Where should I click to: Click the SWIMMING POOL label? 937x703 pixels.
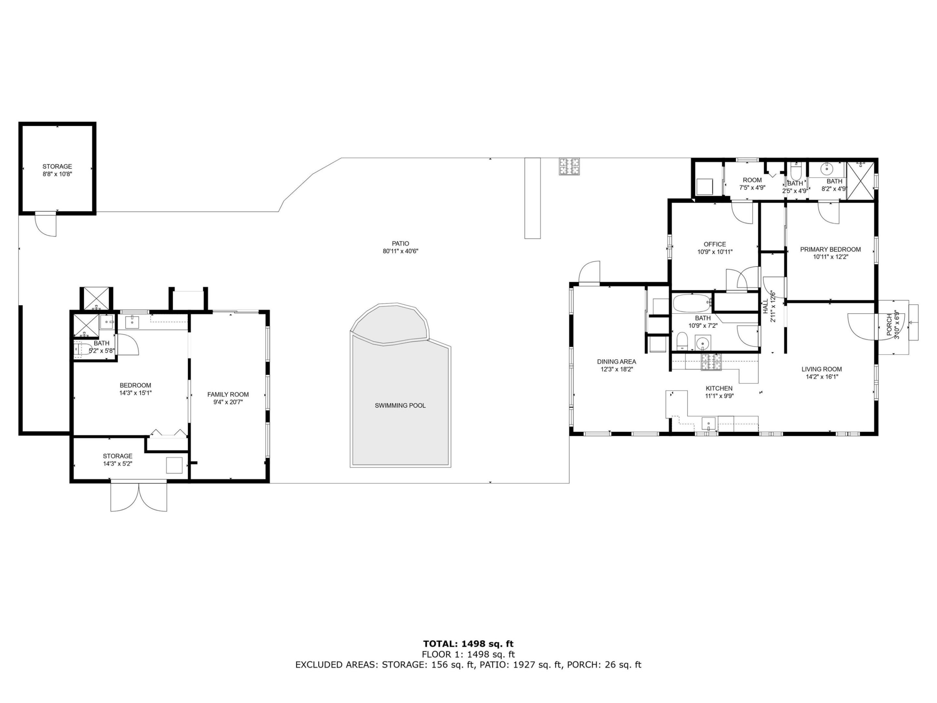click(x=400, y=406)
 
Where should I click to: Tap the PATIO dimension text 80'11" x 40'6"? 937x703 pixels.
click(x=400, y=251)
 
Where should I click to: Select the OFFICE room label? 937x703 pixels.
click(x=714, y=244)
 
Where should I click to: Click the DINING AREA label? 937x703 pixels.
click(x=616, y=362)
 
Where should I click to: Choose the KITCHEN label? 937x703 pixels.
click(x=719, y=388)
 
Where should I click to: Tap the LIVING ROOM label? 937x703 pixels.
click(x=822, y=369)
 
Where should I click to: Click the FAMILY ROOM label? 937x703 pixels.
click(x=228, y=394)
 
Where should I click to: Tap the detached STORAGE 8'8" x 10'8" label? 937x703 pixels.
click(x=57, y=167)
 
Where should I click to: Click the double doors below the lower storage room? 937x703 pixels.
click(x=139, y=496)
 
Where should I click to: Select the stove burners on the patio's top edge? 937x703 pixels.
click(x=569, y=167)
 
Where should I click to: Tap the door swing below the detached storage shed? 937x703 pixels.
click(x=45, y=225)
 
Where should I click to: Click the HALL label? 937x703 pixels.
click(x=766, y=306)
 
